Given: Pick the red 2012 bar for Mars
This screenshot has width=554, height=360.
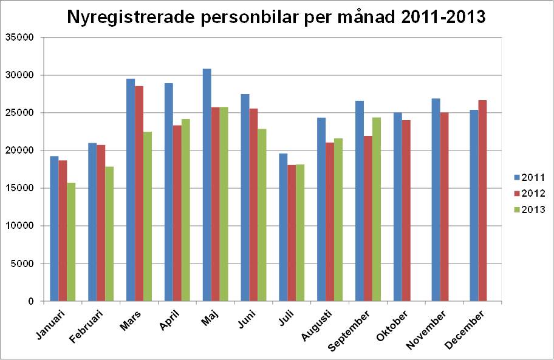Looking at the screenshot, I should (139, 194).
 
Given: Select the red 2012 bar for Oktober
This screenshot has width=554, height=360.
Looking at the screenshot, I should (406, 210).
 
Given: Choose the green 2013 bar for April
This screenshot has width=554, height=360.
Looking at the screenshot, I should (186, 209).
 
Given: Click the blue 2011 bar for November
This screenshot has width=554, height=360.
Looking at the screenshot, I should (436, 200).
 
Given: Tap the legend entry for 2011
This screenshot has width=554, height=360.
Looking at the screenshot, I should (528, 177).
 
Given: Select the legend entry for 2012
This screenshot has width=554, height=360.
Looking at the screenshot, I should (528, 193).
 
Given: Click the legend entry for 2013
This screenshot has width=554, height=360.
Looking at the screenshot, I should (528, 209).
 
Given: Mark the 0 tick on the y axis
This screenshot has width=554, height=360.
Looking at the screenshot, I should (29, 301).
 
